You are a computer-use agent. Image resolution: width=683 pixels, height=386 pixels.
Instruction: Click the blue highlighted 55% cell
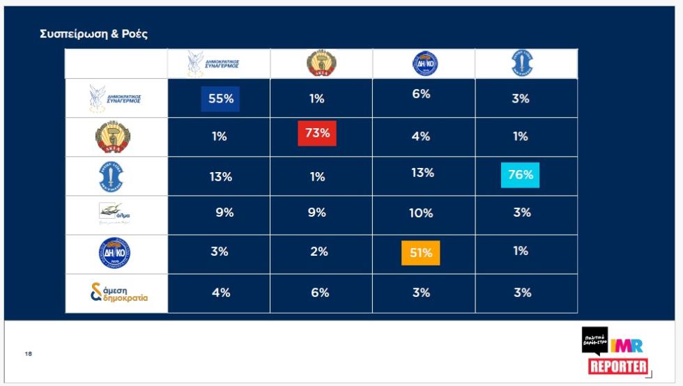pyautogui.click(x=220, y=99)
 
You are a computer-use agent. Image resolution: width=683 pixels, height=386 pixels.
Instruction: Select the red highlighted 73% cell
pyautogui.click(x=317, y=133)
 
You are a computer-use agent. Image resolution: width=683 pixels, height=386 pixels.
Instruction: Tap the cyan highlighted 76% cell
pyautogui.click(x=520, y=175)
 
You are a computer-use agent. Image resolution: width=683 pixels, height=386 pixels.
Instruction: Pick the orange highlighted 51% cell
pyautogui.click(x=420, y=253)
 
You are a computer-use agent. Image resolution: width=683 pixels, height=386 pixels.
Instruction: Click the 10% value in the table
pyautogui.click(x=421, y=213)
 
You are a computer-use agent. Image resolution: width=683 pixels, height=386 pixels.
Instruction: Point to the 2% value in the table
pyautogui.click(x=319, y=252)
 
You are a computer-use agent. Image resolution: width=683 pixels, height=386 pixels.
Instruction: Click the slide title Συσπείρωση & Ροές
pyautogui.click(x=94, y=33)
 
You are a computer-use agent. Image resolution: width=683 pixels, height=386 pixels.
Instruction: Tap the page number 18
pyautogui.click(x=29, y=354)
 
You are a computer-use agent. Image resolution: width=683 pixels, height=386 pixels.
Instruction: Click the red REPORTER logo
pyautogui.click(x=618, y=366)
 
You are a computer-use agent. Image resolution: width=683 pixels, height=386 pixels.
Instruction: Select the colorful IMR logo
pyautogui.click(x=627, y=345)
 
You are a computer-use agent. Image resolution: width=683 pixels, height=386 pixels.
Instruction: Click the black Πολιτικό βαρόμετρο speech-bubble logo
pyautogui.click(x=594, y=341)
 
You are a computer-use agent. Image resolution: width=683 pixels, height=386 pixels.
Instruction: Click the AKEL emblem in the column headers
pyautogui.click(x=321, y=64)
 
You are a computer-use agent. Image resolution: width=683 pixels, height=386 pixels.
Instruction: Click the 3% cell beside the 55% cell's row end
pyautogui.click(x=521, y=99)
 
